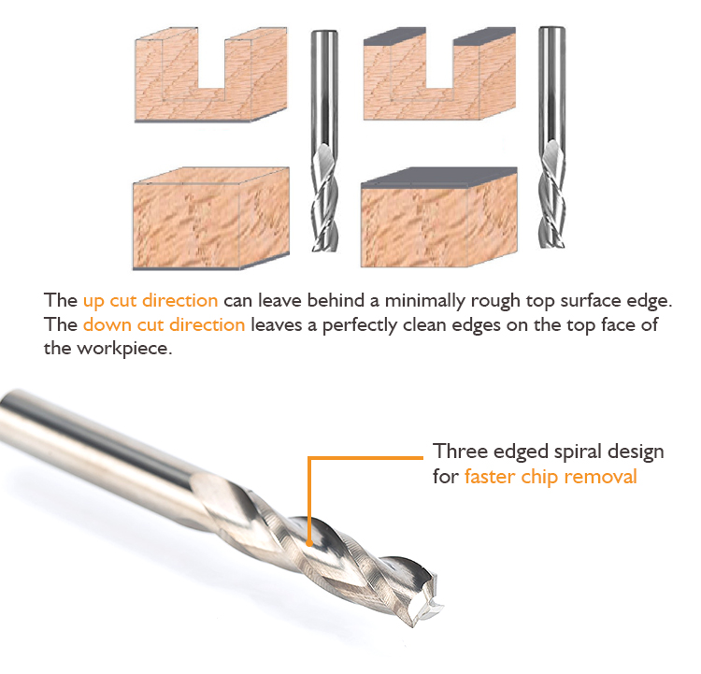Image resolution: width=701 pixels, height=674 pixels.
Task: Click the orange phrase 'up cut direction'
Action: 150,300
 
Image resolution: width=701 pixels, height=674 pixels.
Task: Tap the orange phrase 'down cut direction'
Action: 165,324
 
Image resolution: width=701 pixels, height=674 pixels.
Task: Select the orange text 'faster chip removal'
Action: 551,477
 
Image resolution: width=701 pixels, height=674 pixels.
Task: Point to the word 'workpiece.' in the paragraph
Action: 124,349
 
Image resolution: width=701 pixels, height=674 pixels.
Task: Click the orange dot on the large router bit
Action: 309,543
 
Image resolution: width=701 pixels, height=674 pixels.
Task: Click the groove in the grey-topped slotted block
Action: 439,62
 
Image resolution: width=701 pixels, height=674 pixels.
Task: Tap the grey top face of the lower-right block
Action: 439,177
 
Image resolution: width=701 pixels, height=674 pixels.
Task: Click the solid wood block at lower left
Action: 210,219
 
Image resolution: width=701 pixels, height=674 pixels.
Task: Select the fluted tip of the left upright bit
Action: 324,197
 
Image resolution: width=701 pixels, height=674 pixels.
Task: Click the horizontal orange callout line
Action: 365,458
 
